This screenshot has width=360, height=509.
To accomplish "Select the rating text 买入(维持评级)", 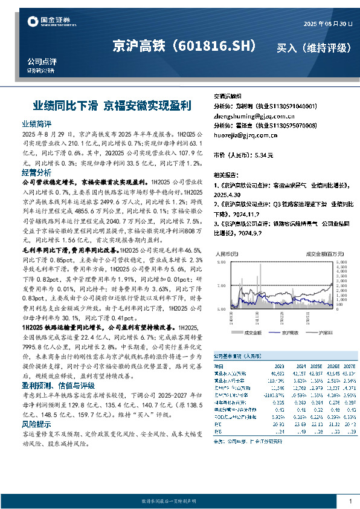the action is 313,47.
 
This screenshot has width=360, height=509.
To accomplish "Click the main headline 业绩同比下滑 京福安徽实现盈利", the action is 112,105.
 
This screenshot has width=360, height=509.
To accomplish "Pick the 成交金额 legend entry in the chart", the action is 251,332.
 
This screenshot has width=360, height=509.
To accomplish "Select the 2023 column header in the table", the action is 279,366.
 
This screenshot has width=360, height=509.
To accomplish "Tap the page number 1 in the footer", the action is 350,502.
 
